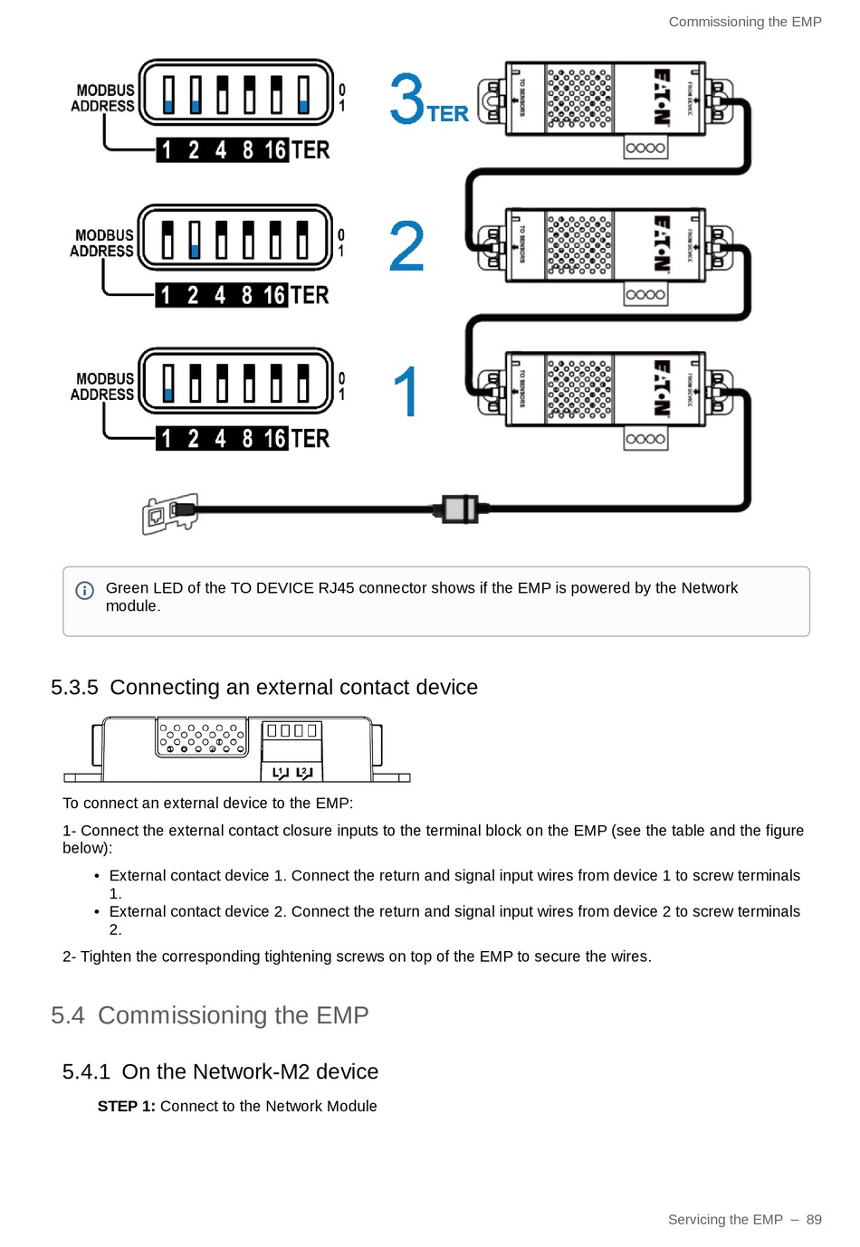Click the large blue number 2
(x=406, y=246)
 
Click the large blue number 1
(x=407, y=391)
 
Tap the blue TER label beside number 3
(x=448, y=114)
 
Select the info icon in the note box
(x=84, y=591)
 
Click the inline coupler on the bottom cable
(x=460, y=509)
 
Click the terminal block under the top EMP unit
(x=645, y=148)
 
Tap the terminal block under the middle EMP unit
(x=645, y=294)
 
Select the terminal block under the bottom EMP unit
(x=645, y=439)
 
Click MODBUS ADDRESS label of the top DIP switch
(x=103, y=98)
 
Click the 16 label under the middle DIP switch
(x=274, y=295)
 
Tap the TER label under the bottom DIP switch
(x=311, y=439)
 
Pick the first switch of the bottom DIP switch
(x=167, y=382)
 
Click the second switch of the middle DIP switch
(x=195, y=240)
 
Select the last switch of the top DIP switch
(x=303, y=94)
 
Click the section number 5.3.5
(x=74, y=688)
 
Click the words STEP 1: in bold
(x=126, y=1106)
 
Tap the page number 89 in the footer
(x=814, y=1219)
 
